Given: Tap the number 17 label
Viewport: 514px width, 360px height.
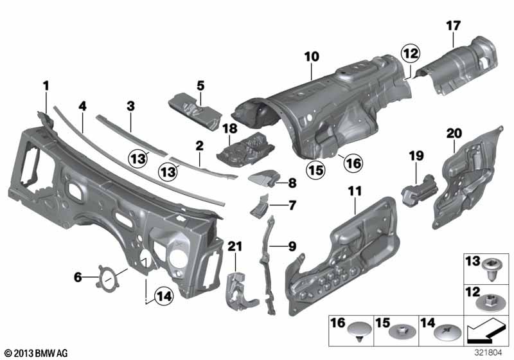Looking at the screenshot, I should pyautogui.click(x=453, y=26).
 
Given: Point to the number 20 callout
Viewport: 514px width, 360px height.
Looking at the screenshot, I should pyautogui.click(x=454, y=133).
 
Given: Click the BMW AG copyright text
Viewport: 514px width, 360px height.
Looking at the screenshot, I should pyautogui.click(x=35, y=353).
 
